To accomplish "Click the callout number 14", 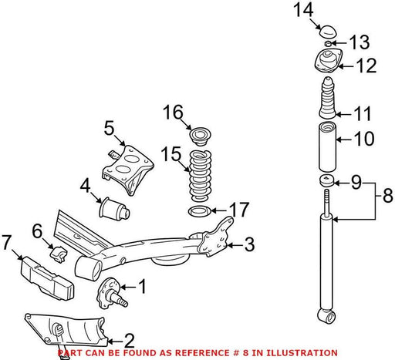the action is (x=303, y=10).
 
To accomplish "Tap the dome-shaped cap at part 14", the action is (x=329, y=32).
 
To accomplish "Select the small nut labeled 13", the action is (x=328, y=43).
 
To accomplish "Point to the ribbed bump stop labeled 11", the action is (x=328, y=98).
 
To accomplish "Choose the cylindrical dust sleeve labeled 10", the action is (x=327, y=146).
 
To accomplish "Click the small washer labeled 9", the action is (x=327, y=180).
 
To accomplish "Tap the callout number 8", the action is (x=388, y=196).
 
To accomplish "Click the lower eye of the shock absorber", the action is (x=326, y=316).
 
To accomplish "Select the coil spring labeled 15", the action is (x=201, y=176).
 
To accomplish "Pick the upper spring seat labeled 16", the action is (x=201, y=136).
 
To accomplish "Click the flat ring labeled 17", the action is (x=200, y=211).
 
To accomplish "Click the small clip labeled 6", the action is (x=58, y=254).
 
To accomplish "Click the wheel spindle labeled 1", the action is (x=111, y=293).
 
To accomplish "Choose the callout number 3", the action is (x=249, y=244).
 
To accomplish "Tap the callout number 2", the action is (x=129, y=341).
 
